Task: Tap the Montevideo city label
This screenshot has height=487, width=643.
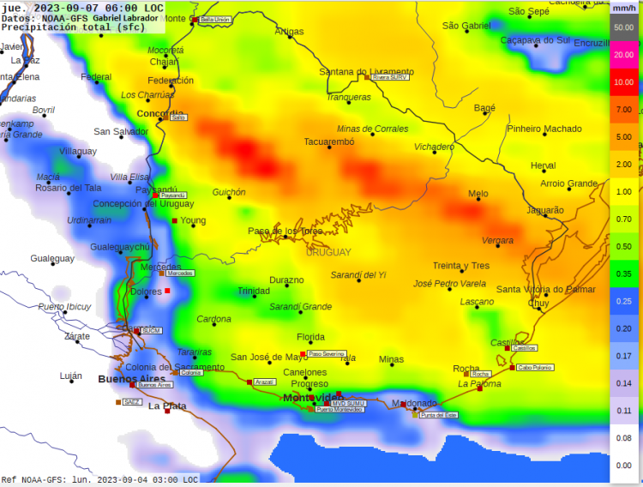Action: click(310, 398)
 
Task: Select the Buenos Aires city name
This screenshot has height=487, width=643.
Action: click(131, 378)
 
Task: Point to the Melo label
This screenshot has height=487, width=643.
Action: click(478, 194)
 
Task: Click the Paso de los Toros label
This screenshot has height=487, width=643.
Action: click(285, 231)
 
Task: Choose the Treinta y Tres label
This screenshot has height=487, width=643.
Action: click(460, 266)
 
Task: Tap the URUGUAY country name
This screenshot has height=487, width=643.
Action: click(328, 252)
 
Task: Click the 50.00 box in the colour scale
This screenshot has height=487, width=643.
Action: click(623, 27)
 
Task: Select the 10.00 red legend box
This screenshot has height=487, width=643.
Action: click(623, 82)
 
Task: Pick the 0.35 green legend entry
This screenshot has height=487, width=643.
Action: click(623, 274)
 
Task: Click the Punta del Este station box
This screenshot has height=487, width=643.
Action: click(438, 415)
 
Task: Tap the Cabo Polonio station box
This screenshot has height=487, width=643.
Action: click(535, 367)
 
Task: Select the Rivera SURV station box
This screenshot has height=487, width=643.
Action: click(390, 77)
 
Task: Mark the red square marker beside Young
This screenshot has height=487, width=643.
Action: click(175, 221)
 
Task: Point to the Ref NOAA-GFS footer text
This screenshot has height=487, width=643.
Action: click(99, 479)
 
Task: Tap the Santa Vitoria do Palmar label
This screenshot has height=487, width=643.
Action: click(545, 289)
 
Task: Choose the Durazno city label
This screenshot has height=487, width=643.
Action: click(286, 280)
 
